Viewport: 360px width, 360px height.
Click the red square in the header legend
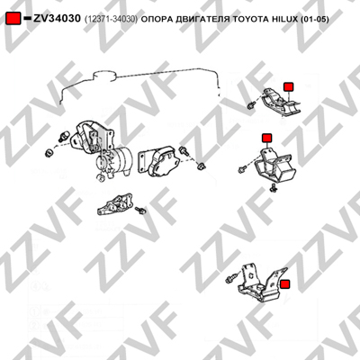pyautogui.click(x=13, y=19)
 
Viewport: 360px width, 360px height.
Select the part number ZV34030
pyautogui.click(x=57, y=19)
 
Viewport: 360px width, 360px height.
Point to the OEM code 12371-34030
pyautogui.click(x=111, y=20)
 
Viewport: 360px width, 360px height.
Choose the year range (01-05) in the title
pyautogui.click(x=314, y=20)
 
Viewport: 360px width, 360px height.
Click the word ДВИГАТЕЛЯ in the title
pyautogui.click(x=201, y=20)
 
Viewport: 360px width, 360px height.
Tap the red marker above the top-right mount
pyautogui.click(x=289, y=86)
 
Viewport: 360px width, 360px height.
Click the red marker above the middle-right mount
pyautogui.click(x=266, y=138)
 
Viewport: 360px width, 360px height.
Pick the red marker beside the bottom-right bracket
pyautogui.click(x=284, y=284)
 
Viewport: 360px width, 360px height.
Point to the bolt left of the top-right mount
pyautogui.click(x=251, y=105)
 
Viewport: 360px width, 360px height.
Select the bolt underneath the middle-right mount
pyautogui.click(x=273, y=188)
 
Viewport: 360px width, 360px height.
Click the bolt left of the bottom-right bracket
pyautogui.click(x=230, y=279)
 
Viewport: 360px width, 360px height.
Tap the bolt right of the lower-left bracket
pyautogui.click(x=140, y=211)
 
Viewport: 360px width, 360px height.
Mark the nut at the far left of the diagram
pyautogui.click(x=49, y=153)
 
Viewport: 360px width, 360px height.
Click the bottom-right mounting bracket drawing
pyautogui.click(x=262, y=283)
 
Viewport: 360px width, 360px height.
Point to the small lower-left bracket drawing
pyautogui.click(x=115, y=204)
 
